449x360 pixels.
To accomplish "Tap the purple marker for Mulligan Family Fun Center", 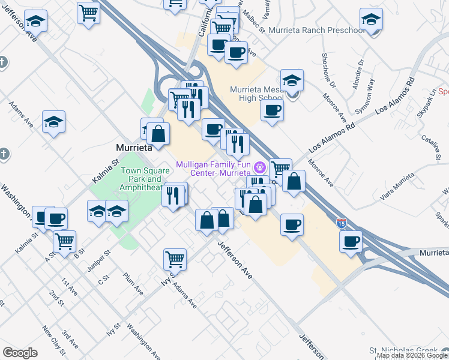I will tap(260, 166).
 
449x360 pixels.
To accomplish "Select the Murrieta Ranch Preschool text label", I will tap(316, 30).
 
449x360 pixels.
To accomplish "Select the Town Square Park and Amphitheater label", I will tap(142, 179).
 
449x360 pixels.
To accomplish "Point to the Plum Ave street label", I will tap(133, 283).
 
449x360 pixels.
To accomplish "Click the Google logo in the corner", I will tap(20, 353).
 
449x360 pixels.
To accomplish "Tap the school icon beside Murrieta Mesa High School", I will tap(292, 80).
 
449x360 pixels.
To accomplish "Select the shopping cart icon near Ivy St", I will tap(175, 259).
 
